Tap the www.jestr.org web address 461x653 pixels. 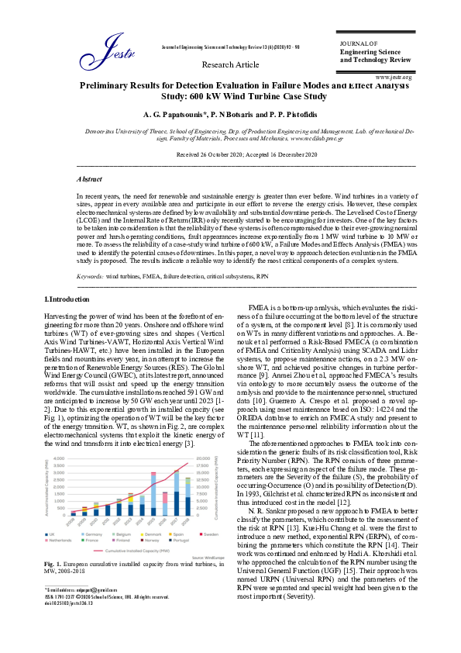[393, 78]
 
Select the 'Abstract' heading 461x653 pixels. [90, 178]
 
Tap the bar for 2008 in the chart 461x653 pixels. [74, 513]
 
